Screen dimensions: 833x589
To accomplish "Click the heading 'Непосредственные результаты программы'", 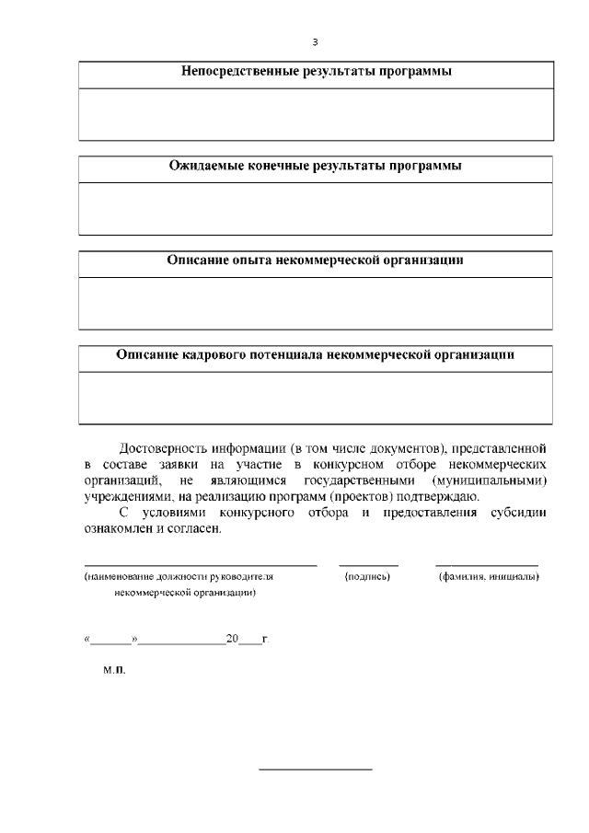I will [x=315, y=72].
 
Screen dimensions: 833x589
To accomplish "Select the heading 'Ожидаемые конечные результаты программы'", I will [x=315, y=167].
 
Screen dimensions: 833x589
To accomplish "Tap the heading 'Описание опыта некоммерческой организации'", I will [x=315, y=260].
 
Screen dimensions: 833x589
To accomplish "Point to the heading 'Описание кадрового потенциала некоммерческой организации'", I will [x=315, y=354].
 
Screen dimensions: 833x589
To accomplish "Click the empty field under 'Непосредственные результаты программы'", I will [x=315, y=113].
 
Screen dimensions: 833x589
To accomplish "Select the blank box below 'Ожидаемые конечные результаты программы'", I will [x=315, y=209].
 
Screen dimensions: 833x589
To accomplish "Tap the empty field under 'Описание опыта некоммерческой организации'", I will [x=315, y=303].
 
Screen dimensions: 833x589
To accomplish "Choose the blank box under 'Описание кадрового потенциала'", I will [x=315, y=398].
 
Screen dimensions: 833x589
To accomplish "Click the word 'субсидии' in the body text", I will [x=519, y=513].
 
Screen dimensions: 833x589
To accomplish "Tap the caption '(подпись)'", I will [x=368, y=577].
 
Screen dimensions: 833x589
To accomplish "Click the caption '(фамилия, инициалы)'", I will [x=488, y=577].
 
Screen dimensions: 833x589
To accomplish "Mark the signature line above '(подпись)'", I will [x=368, y=563].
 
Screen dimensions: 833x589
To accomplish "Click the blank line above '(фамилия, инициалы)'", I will [x=487, y=563].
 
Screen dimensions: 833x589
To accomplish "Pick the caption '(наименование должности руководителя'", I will [x=179, y=577].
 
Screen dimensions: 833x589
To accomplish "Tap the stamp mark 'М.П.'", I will [x=114, y=672].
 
